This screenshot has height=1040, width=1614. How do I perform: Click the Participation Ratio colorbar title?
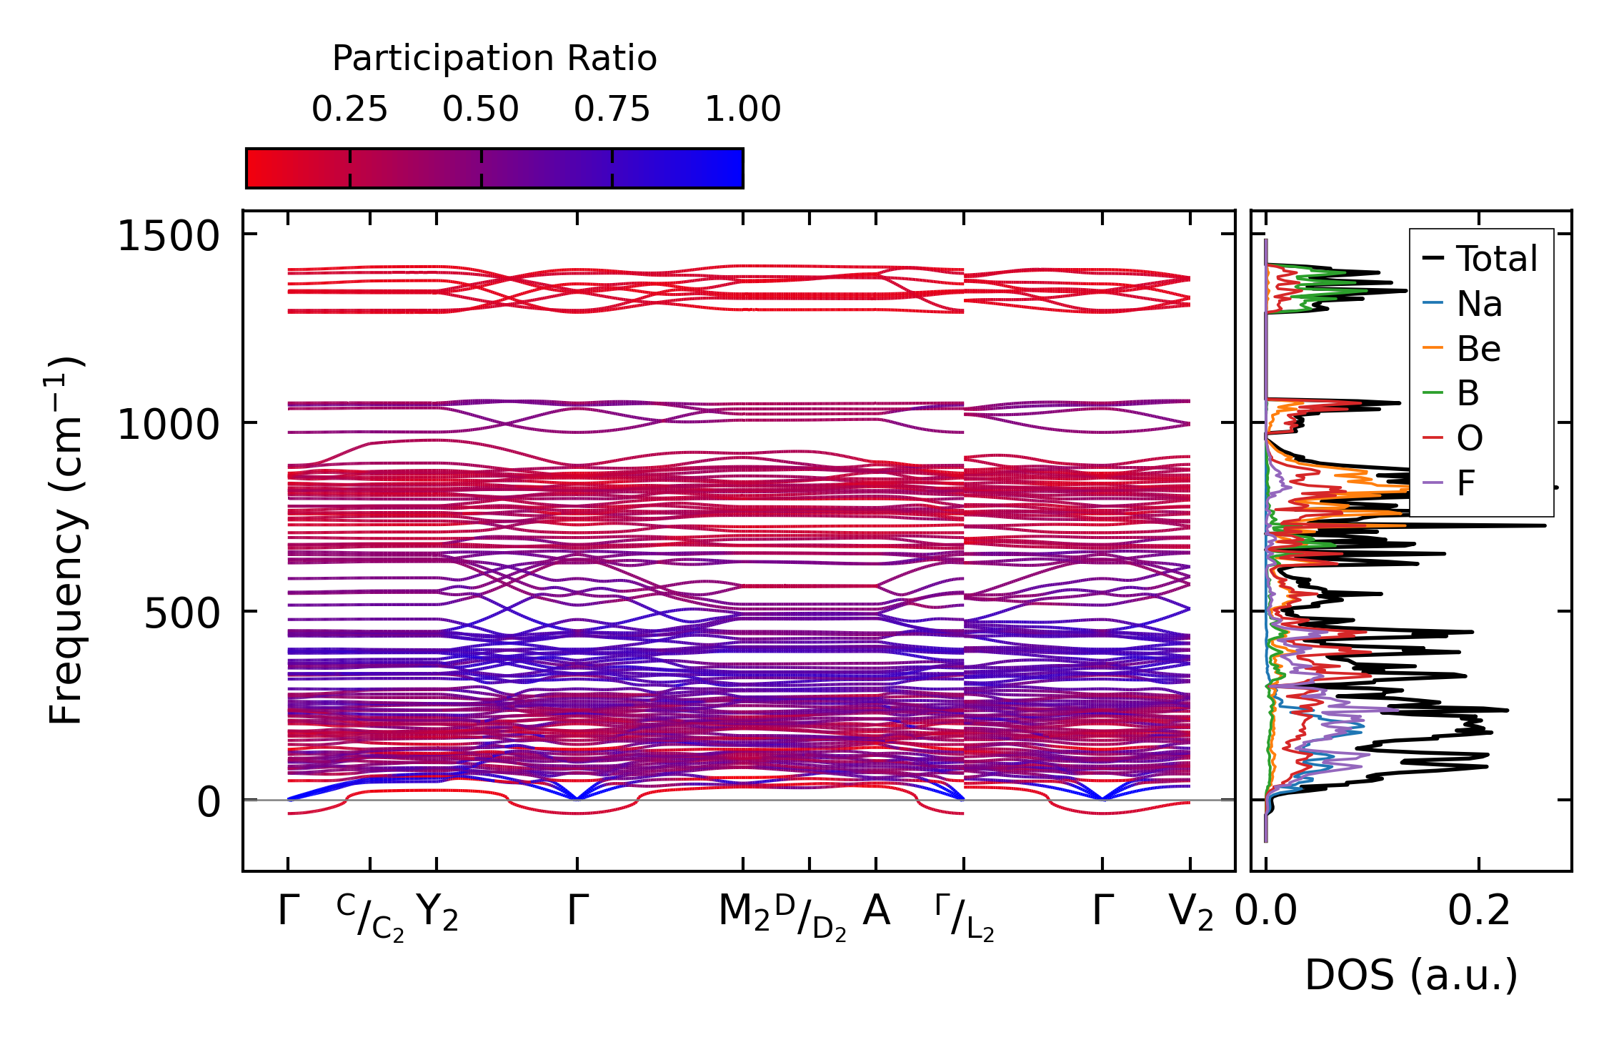point(494,59)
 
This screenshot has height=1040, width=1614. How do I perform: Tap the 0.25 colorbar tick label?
point(349,109)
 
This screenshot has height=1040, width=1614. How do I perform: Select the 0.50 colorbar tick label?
point(480,109)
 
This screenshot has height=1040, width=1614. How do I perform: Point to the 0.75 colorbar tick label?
point(612,109)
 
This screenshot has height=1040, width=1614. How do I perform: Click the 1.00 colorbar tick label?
point(743,109)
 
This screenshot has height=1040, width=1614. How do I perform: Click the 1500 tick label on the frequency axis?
point(168,236)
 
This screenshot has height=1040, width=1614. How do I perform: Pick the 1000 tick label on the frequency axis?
point(168,425)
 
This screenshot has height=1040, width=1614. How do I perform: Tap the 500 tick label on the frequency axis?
point(181,613)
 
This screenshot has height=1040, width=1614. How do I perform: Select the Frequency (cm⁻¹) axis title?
point(66,540)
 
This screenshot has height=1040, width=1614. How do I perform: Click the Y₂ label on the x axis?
point(437,913)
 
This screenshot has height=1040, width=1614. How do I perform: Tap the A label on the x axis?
point(876,911)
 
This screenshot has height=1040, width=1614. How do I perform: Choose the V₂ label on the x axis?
point(1190,913)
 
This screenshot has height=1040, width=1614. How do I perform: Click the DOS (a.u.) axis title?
point(1411,976)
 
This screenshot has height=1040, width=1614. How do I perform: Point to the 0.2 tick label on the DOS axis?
point(1479,911)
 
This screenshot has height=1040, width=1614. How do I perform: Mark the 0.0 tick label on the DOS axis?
point(1266,911)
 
